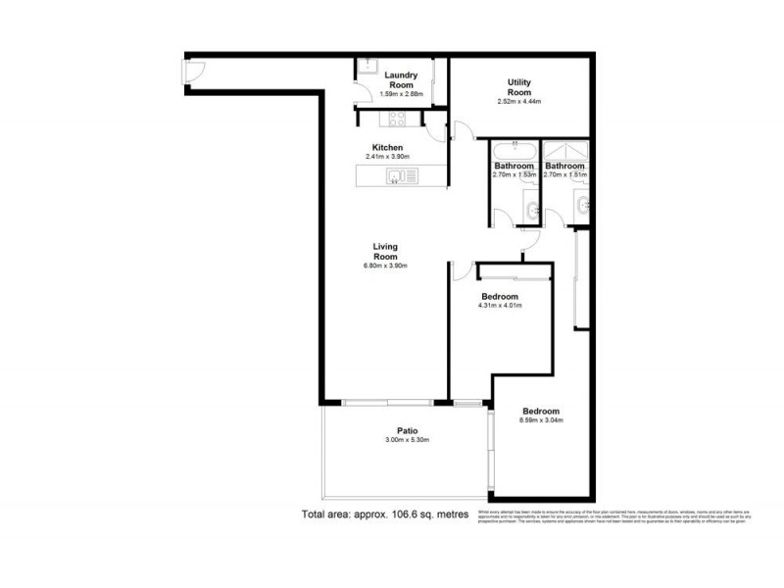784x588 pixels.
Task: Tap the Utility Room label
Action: (519, 87)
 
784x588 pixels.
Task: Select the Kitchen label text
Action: (387, 147)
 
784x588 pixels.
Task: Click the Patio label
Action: (409, 429)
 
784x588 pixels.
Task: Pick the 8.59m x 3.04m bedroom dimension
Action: (541, 421)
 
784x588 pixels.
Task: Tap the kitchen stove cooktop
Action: (399, 120)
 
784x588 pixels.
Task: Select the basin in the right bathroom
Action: (582, 205)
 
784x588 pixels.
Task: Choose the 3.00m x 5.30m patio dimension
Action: (409, 440)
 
